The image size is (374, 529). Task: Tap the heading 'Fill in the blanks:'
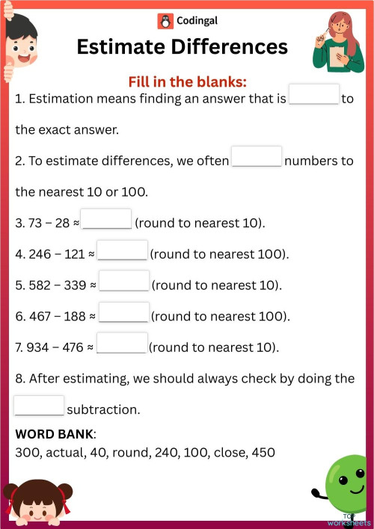click(187, 81)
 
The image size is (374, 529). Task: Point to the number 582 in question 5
click(37, 285)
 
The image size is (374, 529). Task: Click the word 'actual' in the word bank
click(63, 453)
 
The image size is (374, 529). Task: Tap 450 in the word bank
click(262, 453)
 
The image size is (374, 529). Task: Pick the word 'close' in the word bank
click(225, 453)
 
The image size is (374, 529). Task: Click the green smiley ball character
click(343, 483)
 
